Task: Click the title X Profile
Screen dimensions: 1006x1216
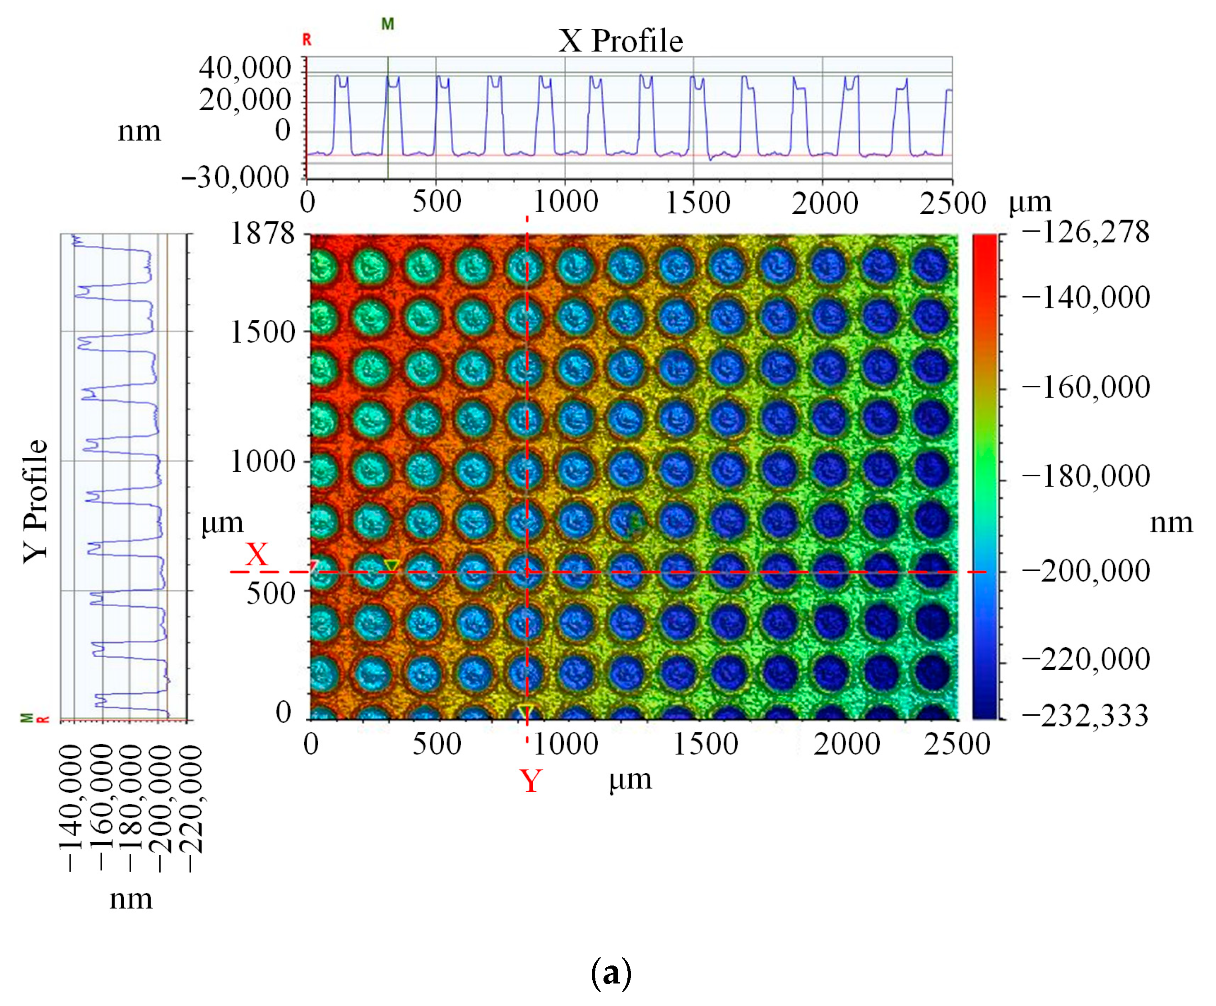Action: pyautogui.click(x=620, y=41)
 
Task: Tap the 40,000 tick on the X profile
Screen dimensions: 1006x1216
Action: pyautogui.click(x=244, y=68)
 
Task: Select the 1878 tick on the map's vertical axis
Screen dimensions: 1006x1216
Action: pyautogui.click(x=262, y=234)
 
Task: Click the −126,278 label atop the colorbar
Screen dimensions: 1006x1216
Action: pyautogui.click(x=1085, y=232)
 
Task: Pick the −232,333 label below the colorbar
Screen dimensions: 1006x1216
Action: pyautogui.click(x=1085, y=716)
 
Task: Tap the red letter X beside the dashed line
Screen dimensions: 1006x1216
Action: pyautogui.click(x=257, y=555)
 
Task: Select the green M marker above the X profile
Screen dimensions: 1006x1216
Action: pyautogui.click(x=387, y=24)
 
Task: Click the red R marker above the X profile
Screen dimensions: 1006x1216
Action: pyautogui.click(x=307, y=39)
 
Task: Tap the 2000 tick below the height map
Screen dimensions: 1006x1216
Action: pyautogui.click(x=847, y=744)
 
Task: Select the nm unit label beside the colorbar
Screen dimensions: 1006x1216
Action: pyautogui.click(x=1171, y=523)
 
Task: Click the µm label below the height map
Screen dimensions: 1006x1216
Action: pyautogui.click(x=630, y=779)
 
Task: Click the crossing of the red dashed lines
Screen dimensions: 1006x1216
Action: pyautogui.click(x=527, y=572)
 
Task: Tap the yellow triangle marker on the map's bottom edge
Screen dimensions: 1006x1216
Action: pyautogui.click(x=525, y=711)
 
